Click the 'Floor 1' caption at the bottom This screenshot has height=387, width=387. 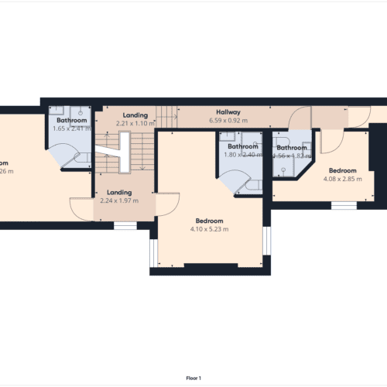[x=193, y=378]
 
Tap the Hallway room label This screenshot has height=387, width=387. [x=228, y=112]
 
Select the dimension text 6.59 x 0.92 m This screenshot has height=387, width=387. [x=228, y=121]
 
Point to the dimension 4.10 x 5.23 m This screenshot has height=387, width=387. [x=209, y=228]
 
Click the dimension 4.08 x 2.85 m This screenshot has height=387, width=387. [x=342, y=179]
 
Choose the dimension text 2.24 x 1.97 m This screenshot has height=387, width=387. [x=119, y=201]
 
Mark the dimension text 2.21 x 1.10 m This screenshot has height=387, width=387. [x=135, y=123]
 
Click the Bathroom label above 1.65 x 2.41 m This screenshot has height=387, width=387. [x=71, y=121]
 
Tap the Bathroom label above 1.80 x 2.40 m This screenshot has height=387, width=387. [x=241, y=146]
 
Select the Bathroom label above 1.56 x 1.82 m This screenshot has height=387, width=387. [x=293, y=148]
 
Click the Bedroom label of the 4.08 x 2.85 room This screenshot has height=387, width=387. [x=342, y=170]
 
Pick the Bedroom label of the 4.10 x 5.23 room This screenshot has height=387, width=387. [x=209, y=220]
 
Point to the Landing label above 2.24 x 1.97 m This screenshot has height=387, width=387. [x=119, y=193]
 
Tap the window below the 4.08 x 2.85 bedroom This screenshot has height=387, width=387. [x=344, y=205]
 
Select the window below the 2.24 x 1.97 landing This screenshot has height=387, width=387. [x=125, y=225]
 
